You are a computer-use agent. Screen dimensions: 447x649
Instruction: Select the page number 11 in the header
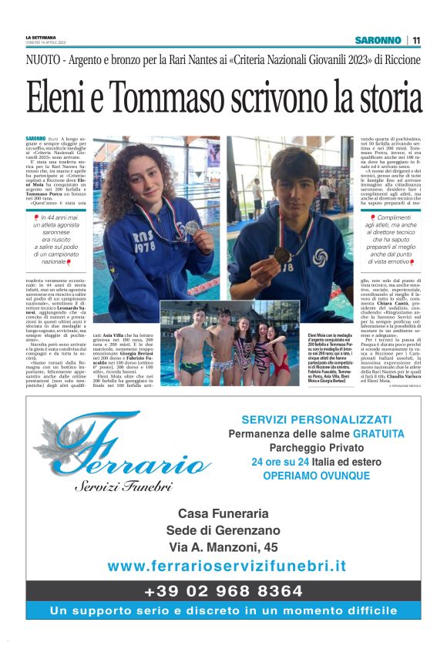tap(416, 40)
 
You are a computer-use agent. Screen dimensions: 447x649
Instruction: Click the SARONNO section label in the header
tap(378, 40)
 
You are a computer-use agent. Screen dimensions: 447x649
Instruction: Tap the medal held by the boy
tap(282, 254)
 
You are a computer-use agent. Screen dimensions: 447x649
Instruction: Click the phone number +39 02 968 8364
tap(223, 591)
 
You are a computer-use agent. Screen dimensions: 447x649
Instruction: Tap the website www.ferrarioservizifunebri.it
tap(227, 566)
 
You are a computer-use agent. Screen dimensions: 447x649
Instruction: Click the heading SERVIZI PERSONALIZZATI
tap(316, 419)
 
